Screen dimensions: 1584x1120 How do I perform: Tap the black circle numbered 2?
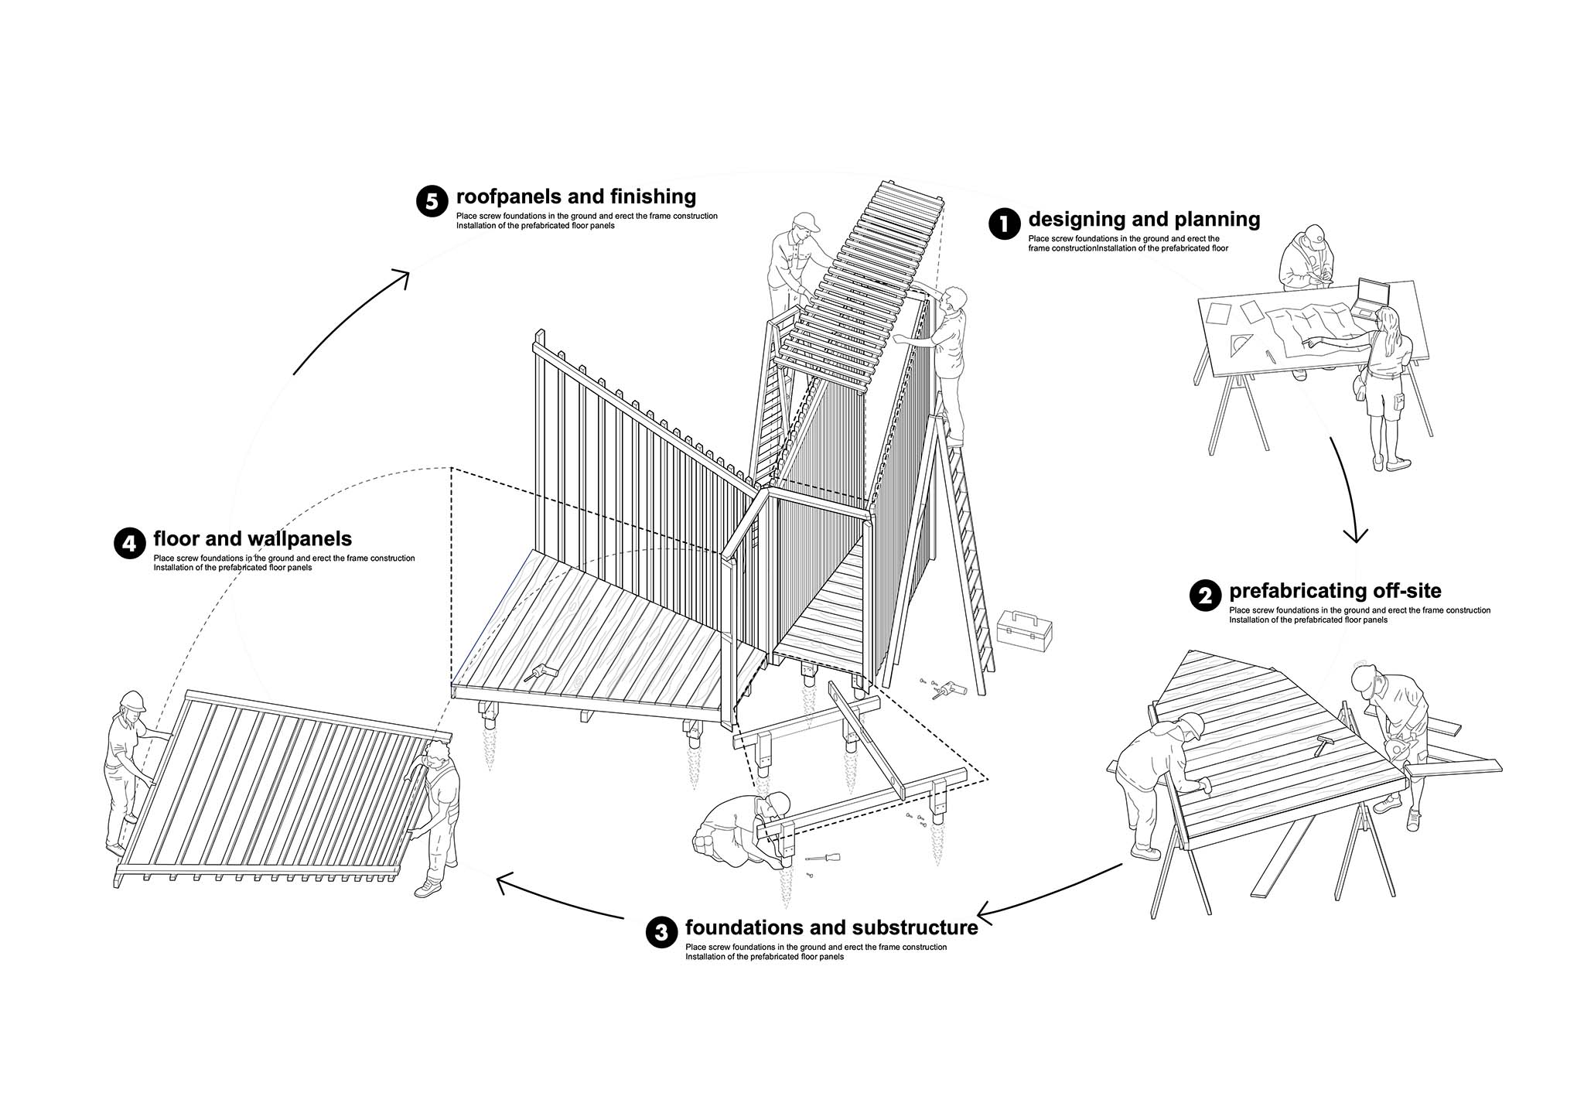click(x=1205, y=596)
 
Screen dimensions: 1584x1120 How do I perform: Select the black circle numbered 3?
click(x=661, y=932)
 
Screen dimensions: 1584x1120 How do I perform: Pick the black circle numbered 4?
click(x=129, y=543)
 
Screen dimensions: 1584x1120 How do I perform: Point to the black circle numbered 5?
click(x=432, y=201)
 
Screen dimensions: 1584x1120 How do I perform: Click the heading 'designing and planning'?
click(x=1144, y=220)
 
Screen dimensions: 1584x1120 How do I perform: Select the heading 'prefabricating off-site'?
click(x=1335, y=591)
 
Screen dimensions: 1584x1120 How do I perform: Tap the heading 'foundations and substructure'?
click(x=831, y=927)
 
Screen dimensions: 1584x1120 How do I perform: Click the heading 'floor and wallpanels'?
click(x=253, y=538)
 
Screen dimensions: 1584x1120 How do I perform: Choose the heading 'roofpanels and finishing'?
click(x=576, y=196)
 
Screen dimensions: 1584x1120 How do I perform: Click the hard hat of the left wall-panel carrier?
click(x=132, y=700)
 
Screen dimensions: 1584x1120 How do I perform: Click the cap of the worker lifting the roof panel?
click(x=805, y=221)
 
